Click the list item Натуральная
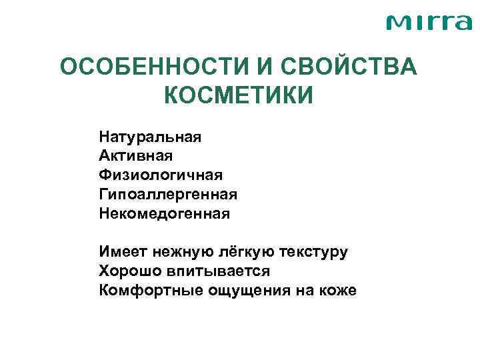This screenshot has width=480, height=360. coord(150,137)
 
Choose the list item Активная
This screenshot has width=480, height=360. coord(136,156)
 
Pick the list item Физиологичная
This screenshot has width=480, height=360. coord(161,175)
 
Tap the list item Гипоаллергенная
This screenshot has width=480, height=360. coord(168,195)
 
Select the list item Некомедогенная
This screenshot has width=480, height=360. coord(164,214)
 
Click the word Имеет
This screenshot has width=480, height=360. coord(124,252)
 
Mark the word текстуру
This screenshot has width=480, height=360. coord(309,252)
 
